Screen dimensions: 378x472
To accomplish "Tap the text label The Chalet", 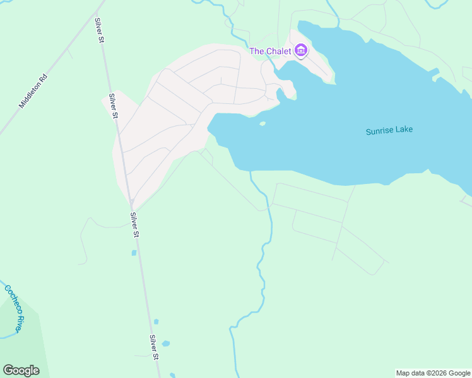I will coord(270,51).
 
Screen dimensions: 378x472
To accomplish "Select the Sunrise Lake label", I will coord(389,131).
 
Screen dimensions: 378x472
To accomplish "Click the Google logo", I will coord(21,370).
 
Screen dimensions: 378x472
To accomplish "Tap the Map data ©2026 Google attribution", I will coord(434,373).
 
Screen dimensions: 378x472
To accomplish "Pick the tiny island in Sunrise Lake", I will coord(263,123).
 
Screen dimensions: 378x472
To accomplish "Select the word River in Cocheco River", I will coord(20,324).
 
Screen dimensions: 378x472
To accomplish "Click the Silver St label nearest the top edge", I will coord(99,30).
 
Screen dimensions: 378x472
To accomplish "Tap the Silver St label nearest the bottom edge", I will coord(154,347).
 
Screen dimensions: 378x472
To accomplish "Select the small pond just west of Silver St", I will coord(134,253).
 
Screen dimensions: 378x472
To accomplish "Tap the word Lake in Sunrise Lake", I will coord(403,131).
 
